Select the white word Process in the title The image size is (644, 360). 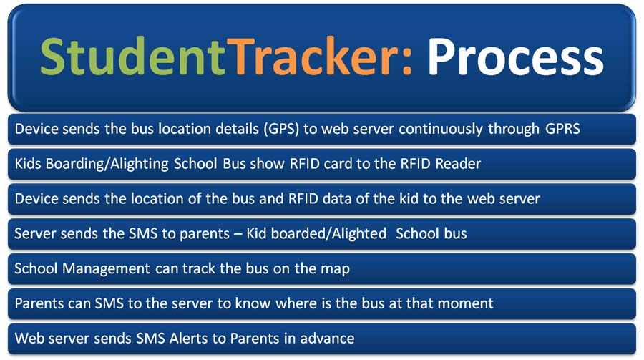tap(515, 57)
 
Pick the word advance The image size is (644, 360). tap(328, 338)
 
